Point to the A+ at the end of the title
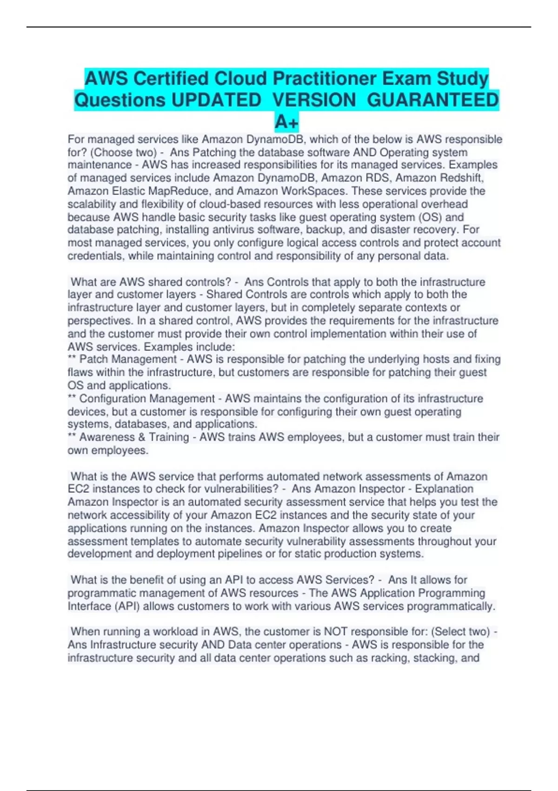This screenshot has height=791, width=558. (286, 122)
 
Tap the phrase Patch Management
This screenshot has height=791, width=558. (128, 359)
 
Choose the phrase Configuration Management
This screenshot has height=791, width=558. (147, 399)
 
